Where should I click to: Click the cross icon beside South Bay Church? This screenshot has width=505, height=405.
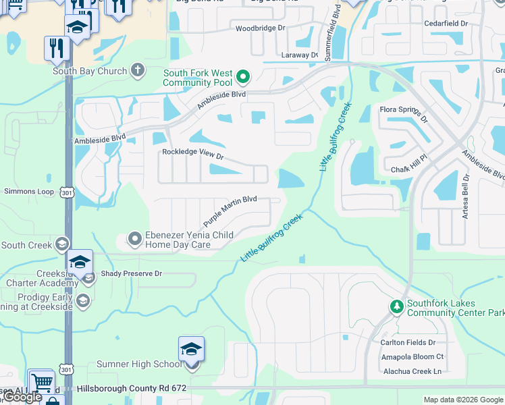tap(137, 70)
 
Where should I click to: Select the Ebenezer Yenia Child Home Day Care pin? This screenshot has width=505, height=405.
tap(135, 238)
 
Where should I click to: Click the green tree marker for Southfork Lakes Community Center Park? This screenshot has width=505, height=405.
tap(397, 308)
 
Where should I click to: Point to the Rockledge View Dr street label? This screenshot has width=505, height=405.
tap(192, 153)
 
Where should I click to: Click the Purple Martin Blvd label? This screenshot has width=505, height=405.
tap(230, 211)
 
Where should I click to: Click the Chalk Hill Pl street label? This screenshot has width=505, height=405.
tap(409, 169)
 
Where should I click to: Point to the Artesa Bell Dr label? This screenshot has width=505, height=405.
tap(466, 196)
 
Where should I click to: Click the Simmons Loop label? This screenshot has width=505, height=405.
tap(28, 192)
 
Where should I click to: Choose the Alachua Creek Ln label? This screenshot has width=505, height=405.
tap(409, 371)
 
